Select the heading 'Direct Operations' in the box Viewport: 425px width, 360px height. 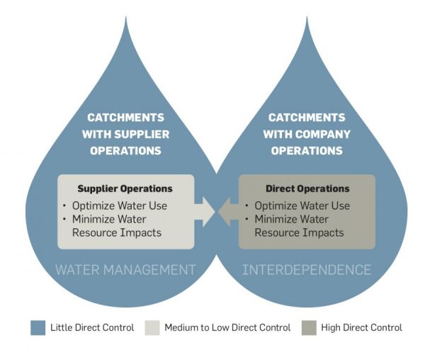pyautogui.click(x=307, y=189)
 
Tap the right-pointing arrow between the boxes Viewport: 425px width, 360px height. pyautogui.click(x=206, y=210)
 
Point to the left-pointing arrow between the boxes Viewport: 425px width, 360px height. pyautogui.click(x=227, y=210)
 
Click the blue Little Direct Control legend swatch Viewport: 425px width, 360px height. pyautogui.click(x=38, y=327)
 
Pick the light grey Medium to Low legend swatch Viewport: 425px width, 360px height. pyautogui.click(x=152, y=327)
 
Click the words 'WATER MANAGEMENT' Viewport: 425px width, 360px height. pyautogui.click(x=125, y=269)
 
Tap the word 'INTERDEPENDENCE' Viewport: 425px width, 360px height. pyautogui.click(x=307, y=269)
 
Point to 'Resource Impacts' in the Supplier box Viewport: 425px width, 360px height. pyautogui.click(x=116, y=232)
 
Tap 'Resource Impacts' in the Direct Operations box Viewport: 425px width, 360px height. pyautogui.click(x=299, y=232)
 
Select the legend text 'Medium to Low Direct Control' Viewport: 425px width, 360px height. pyautogui.click(x=227, y=327)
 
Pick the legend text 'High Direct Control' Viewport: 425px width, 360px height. pyautogui.click(x=362, y=327)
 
